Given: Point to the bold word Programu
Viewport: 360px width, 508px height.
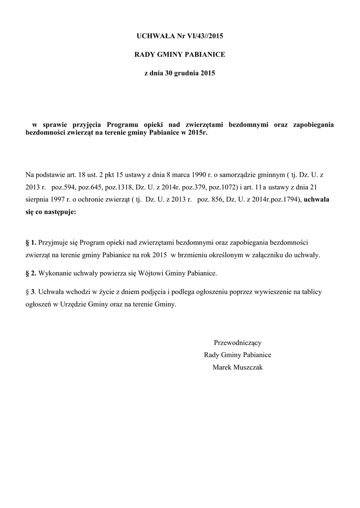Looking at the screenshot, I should tap(124, 124).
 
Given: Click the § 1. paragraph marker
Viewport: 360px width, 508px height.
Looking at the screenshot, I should tap(30, 243).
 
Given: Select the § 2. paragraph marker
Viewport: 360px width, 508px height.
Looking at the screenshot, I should tap(30, 273).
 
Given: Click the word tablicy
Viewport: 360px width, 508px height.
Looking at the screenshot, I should tap(311, 292).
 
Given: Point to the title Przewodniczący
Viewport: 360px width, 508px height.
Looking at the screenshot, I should tap(237, 342).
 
